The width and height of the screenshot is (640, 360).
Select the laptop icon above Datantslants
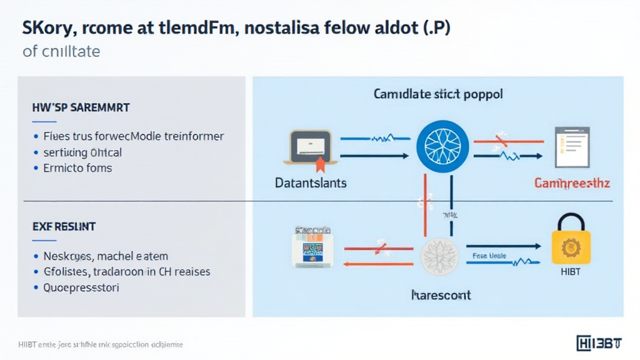click(x=311, y=147)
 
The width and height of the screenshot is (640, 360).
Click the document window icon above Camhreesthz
click(x=572, y=147)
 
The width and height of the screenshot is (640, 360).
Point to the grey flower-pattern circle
click(x=440, y=256)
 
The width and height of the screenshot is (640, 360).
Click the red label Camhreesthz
click(x=572, y=183)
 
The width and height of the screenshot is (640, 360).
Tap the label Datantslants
click(x=311, y=183)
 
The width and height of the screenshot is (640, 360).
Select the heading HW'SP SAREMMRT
click(x=81, y=107)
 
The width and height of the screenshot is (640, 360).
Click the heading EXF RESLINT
click(x=64, y=226)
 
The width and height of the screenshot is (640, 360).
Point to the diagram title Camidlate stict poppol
click(x=438, y=95)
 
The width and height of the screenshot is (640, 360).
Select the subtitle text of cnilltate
click(x=61, y=51)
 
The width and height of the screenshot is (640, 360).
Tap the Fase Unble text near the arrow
click(x=489, y=256)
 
